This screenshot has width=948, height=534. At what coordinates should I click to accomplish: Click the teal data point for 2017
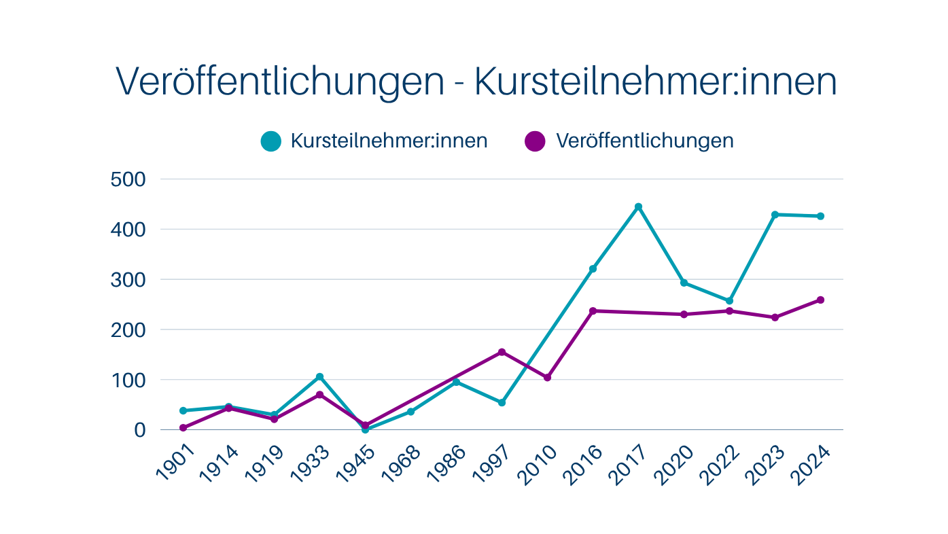tap(638, 207)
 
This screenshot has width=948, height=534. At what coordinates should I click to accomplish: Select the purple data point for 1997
tap(502, 352)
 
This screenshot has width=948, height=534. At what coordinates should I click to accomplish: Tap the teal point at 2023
tap(775, 215)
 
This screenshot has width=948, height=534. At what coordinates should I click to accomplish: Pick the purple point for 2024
tap(820, 300)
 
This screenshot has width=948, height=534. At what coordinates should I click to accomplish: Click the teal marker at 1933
tap(319, 376)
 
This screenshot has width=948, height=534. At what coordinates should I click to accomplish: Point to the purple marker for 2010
tap(547, 377)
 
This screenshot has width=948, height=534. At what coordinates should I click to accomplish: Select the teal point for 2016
tap(593, 269)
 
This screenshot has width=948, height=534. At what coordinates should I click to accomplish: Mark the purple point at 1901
tap(183, 427)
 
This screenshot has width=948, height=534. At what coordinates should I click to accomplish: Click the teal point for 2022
tap(729, 300)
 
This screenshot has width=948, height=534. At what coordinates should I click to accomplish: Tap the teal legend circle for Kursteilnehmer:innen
tap(270, 141)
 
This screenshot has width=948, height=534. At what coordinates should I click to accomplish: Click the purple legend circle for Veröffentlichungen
tap(536, 141)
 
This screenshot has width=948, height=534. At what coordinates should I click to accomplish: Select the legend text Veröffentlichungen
tap(644, 141)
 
